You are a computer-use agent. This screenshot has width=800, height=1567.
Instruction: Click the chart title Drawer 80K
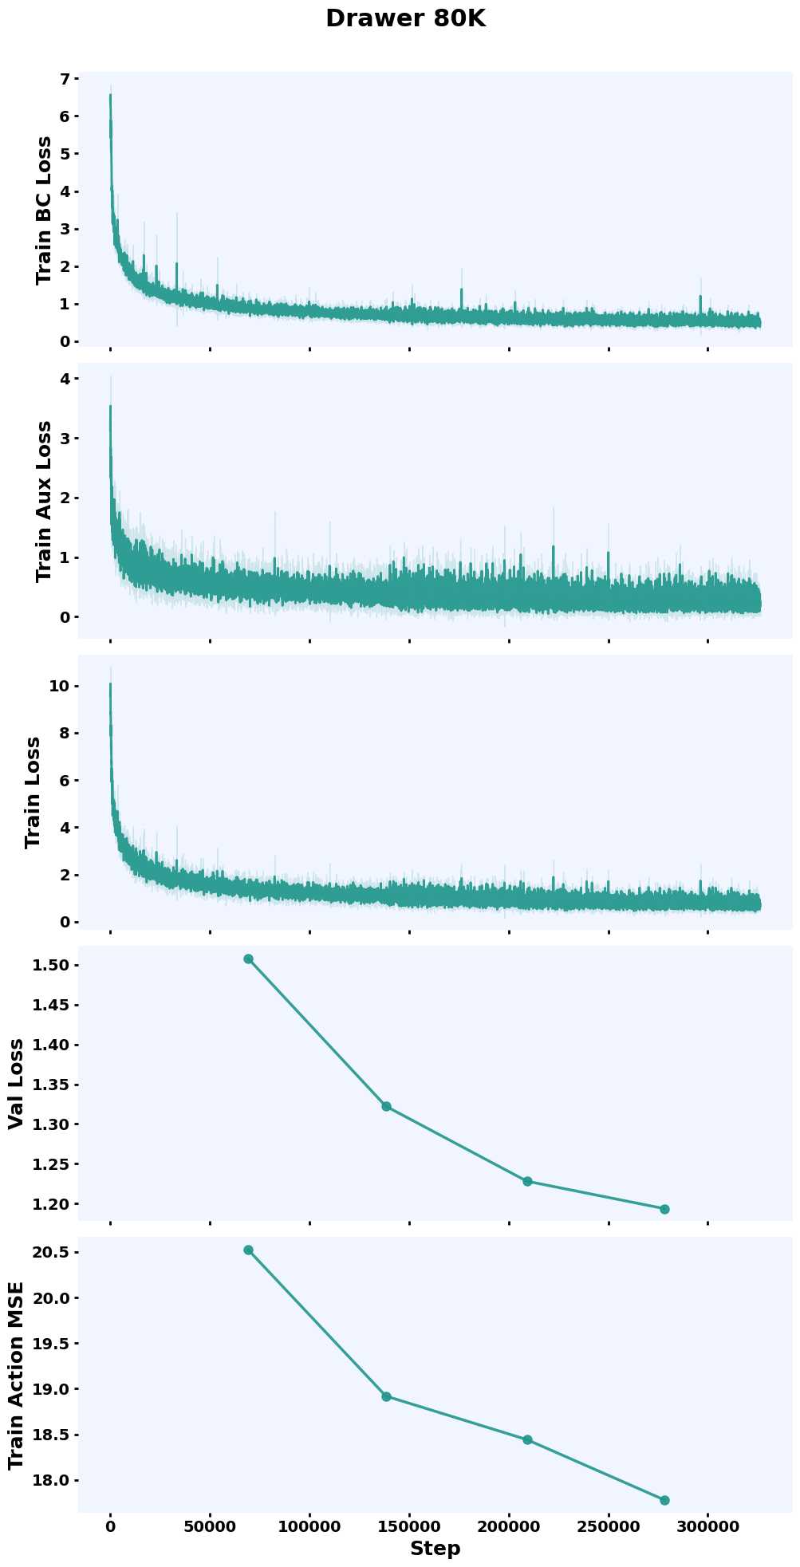pyautogui.click(x=405, y=19)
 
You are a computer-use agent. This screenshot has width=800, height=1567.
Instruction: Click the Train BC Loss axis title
pyautogui.click(x=44, y=210)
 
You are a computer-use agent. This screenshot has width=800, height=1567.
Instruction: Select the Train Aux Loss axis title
pyautogui.click(x=44, y=501)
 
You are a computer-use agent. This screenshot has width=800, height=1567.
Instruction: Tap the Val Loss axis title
pyautogui.click(x=16, y=1084)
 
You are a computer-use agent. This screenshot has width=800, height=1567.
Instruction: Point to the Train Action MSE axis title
pyautogui.click(x=16, y=1376)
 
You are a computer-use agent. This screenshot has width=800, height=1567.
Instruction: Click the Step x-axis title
pyautogui.click(x=435, y=1549)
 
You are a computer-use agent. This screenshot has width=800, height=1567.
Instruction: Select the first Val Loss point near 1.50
pyautogui.click(x=248, y=959)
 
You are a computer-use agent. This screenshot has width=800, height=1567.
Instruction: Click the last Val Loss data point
pyautogui.click(x=664, y=1209)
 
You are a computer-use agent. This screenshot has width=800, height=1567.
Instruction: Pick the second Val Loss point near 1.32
pyautogui.click(x=387, y=1106)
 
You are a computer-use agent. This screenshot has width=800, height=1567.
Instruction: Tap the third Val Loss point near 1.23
pyautogui.click(x=527, y=1181)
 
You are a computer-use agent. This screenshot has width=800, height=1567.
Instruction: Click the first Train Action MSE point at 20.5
pyautogui.click(x=248, y=1250)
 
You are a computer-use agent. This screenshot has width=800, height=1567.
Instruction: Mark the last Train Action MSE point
pyautogui.click(x=664, y=1500)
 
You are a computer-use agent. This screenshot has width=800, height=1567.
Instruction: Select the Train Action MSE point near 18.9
pyautogui.click(x=387, y=1396)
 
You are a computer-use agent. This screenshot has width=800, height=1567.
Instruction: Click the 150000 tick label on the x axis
pyautogui.click(x=409, y=1526)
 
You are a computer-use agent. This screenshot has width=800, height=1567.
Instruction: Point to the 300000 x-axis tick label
pyautogui.click(x=707, y=1526)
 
